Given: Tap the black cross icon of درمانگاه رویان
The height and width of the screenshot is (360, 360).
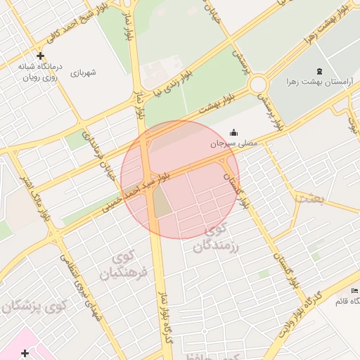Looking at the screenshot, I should coord(40,56).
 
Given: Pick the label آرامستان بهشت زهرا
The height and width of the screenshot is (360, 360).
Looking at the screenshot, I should coord(317,82).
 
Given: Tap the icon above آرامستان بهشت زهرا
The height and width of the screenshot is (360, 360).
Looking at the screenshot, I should coord(321,71).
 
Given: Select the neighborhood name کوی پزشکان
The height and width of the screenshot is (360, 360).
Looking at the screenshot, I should coord(35,307).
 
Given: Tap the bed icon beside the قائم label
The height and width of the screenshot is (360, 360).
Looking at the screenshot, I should coord(354,291).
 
